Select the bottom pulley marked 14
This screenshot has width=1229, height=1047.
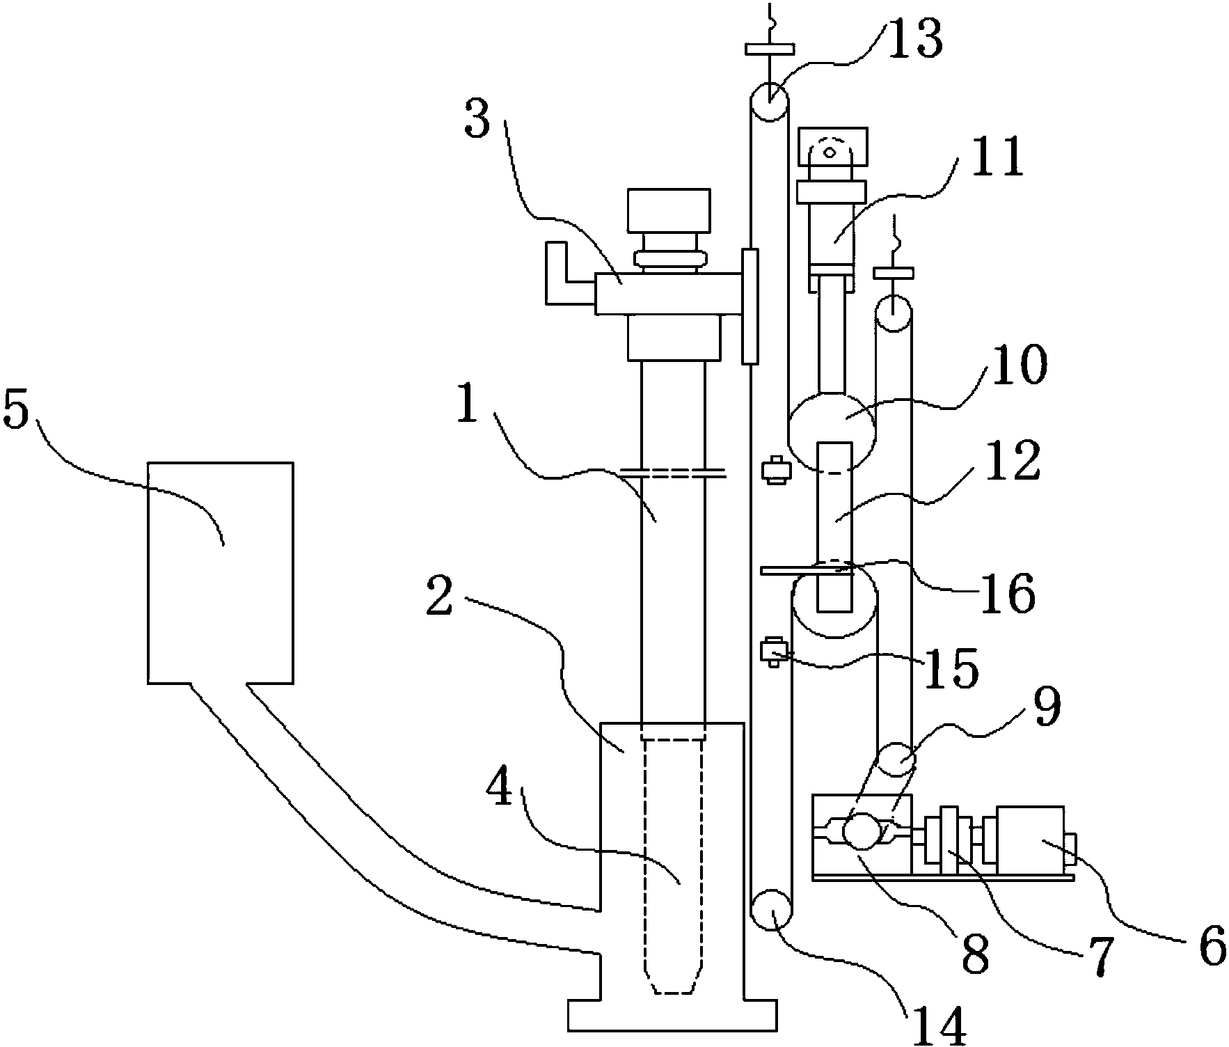772,910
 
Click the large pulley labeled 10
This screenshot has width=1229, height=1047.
832,432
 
